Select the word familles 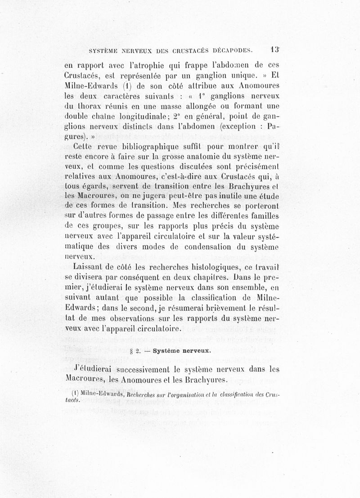click(x=261, y=216)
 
